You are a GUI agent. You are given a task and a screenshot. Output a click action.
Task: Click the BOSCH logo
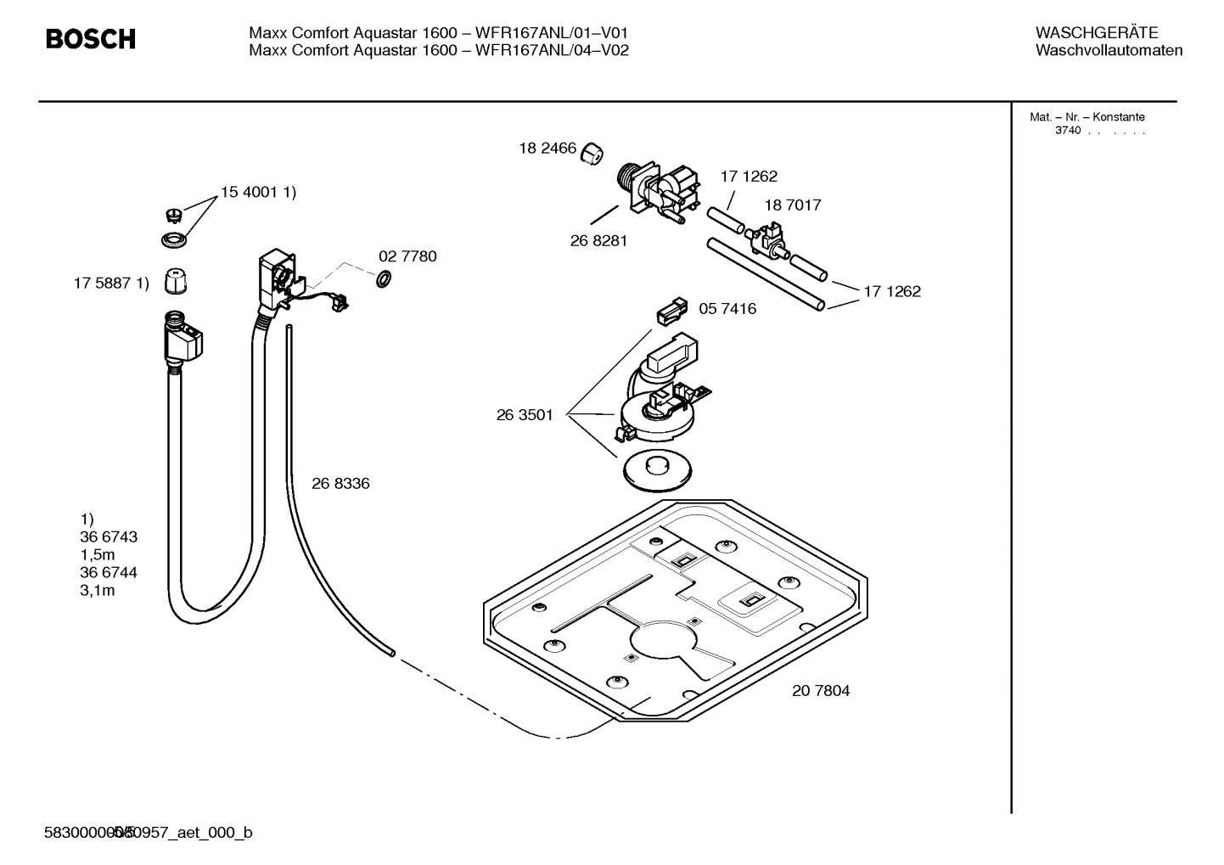(x=90, y=39)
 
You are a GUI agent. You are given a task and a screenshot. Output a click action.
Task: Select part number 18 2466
(x=547, y=149)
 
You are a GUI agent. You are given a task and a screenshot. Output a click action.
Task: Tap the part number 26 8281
(x=598, y=240)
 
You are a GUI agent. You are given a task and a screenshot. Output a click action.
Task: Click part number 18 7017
(x=792, y=205)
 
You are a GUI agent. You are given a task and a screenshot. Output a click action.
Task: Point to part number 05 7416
(x=727, y=308)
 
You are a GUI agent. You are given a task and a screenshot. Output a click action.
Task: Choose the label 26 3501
(x=525, y=415)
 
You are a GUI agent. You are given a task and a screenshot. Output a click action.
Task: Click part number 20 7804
(x=820, y=690)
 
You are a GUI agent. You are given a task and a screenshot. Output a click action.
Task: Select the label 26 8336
(x=340, y=483)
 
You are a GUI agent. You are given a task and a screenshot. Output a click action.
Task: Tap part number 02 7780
(x=407, y=256)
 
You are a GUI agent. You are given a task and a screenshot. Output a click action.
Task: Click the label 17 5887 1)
(x=111, y=284)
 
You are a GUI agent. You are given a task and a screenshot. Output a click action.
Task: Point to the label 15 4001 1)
(x=258, y=193)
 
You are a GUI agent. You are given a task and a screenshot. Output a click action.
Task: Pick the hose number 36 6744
(x=109, y=572)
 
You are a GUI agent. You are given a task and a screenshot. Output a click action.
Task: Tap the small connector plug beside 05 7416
(x=670, y=312)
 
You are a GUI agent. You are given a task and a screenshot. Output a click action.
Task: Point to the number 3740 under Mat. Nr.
(x=1067, y=131)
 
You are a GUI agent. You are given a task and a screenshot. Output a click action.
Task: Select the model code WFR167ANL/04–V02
(x=552, y=50)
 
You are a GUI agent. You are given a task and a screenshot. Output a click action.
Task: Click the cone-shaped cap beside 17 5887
(x=175, y=281)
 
